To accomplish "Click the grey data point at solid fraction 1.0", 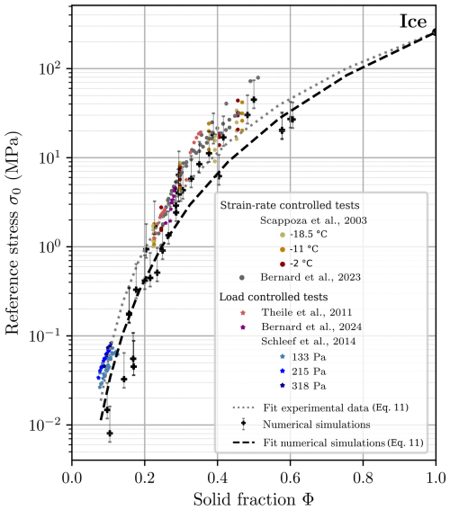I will tap(436, 32).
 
